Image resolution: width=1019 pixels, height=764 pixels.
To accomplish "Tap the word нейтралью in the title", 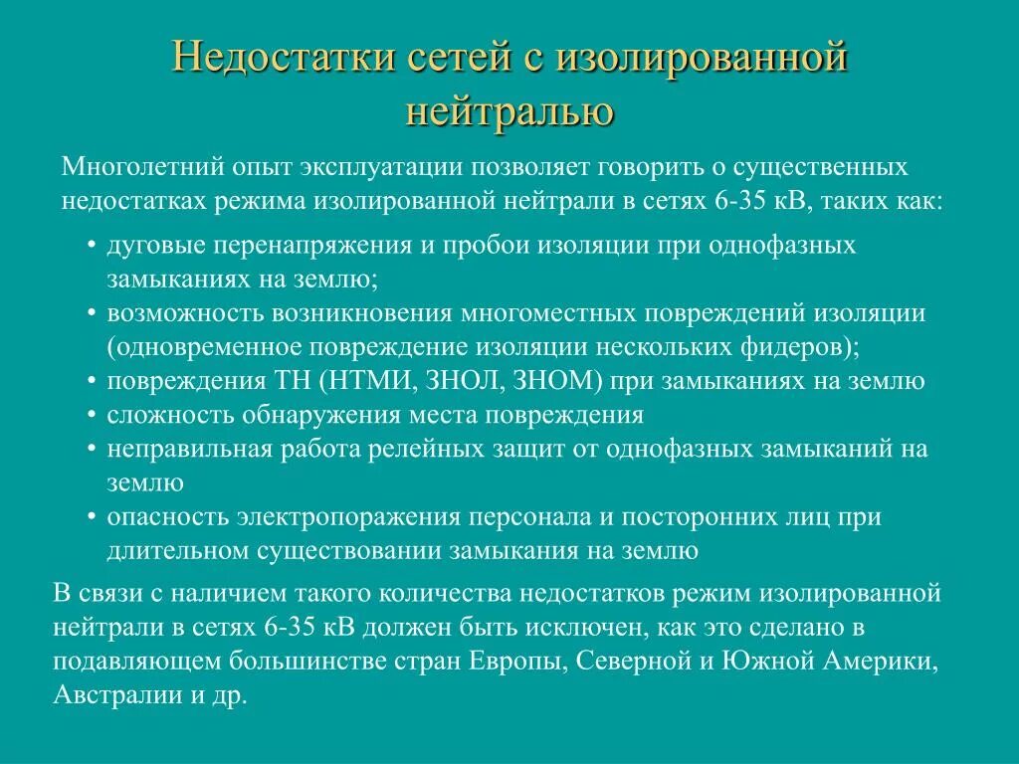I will click(509, 110).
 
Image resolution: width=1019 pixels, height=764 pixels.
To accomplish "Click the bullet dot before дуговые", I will click(91, 246).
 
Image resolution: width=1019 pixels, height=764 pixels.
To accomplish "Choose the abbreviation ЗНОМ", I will click(555, 381).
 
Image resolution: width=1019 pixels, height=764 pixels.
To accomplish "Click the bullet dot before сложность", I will click(91, 415).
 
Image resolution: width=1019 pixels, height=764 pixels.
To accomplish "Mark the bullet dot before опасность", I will click(91, 517).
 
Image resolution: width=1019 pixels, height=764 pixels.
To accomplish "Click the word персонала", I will click(538, 517).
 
